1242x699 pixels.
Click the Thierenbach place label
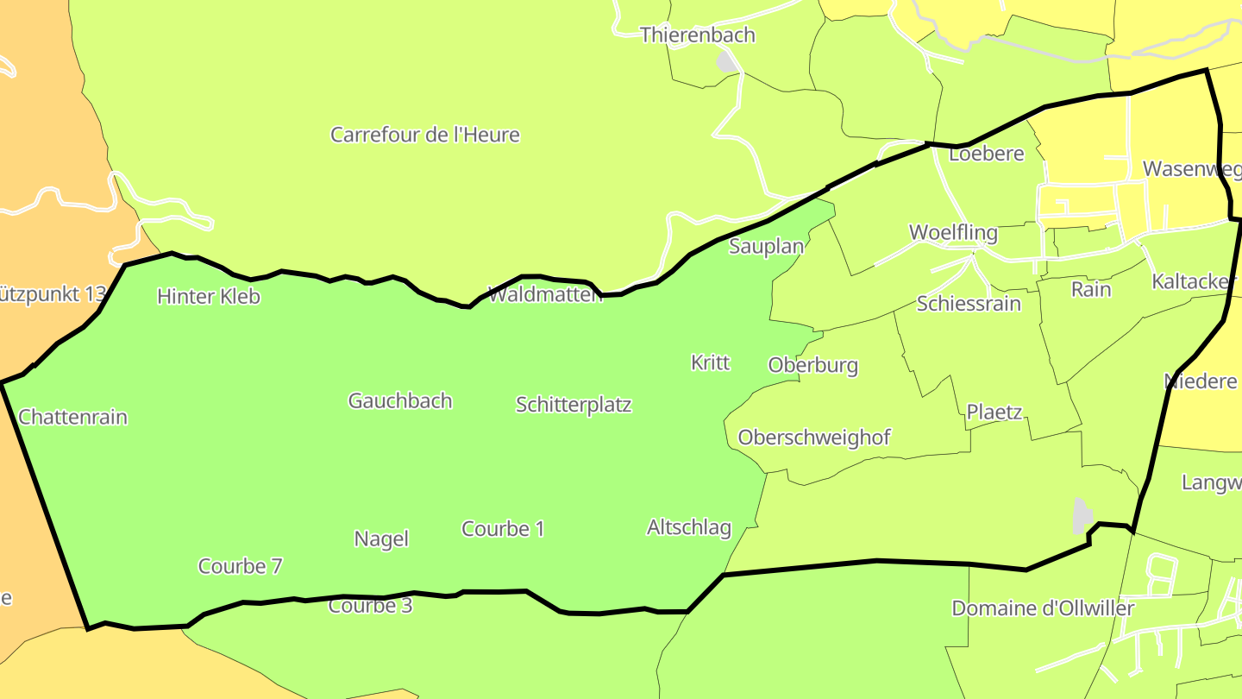point(697,35)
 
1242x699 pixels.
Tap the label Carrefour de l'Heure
point(425,135)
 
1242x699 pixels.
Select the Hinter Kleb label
point(209,297)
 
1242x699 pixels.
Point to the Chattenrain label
point(73,418)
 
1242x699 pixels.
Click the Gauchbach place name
point(400,401)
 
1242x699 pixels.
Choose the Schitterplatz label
point(574,405)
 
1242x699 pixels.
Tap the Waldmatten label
point(545,295)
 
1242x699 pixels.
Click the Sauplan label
point(767,247)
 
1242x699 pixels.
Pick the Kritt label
point(711,362)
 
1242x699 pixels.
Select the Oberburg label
point(813,365)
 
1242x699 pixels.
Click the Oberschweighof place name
point(814,438)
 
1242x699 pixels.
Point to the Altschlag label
point(689,527)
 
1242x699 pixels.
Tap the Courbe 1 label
point(503,529)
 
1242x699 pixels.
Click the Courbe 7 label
point(241,567)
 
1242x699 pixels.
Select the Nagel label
point(381,539)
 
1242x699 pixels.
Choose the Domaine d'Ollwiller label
point(1043,608)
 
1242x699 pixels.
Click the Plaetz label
point(994,412)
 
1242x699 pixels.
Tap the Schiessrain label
point(969,304)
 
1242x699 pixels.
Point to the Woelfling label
point(953,233)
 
